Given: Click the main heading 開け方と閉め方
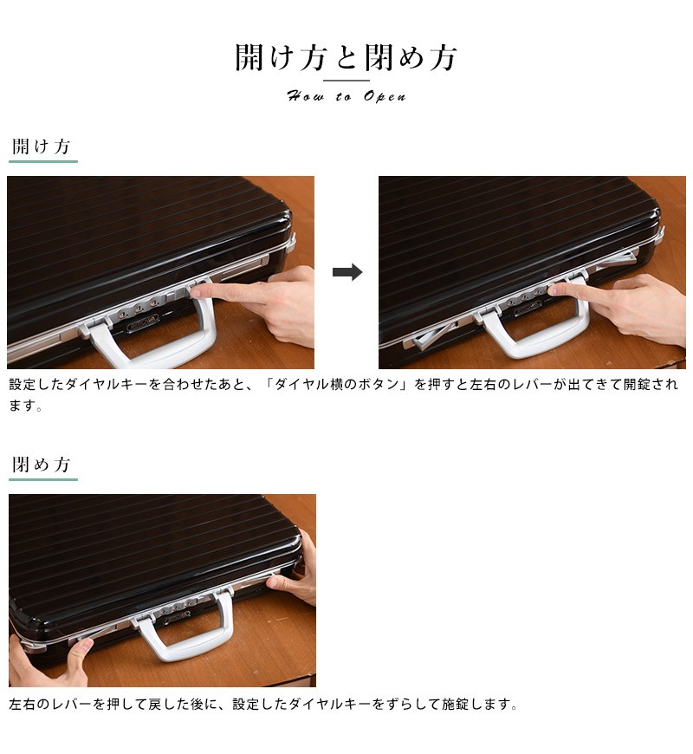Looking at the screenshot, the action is click(346, 58).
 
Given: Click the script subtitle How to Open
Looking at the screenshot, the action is click(346, 96).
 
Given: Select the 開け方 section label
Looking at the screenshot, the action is click(42, 146).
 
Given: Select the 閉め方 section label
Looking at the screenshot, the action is click(42, 465).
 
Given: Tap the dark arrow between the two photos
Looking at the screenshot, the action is click(347, 272).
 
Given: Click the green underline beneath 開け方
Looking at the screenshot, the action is click(43, 161).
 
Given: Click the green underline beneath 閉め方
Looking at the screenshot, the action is click(43, 479).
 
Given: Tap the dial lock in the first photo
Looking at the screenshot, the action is click(139, 308).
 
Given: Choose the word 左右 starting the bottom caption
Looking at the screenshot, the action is click(23, 705).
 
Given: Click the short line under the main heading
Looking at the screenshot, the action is click(346, 81).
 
